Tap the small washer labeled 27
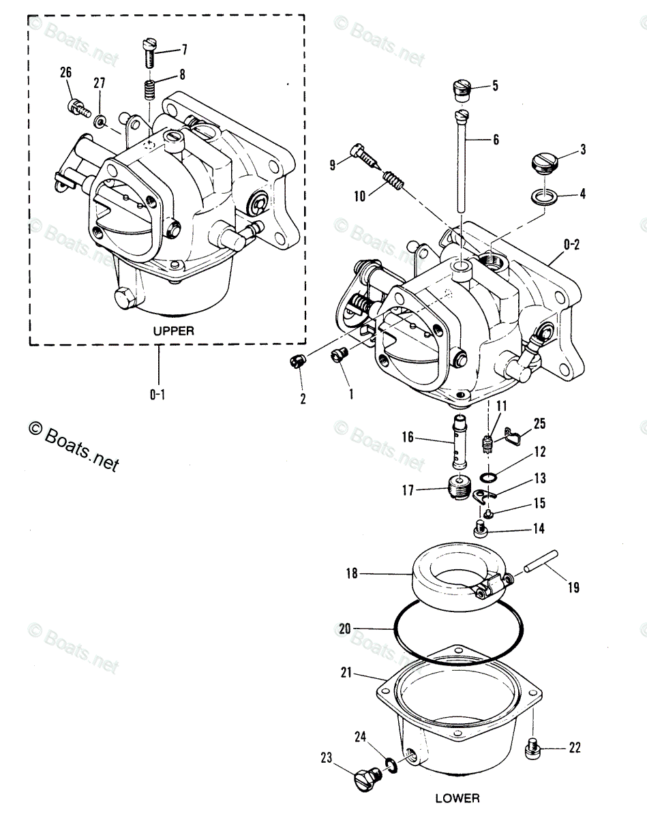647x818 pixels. point(100,122)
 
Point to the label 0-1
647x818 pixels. point(157,394)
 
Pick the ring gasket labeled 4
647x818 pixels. point(543,198)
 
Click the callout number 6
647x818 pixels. point(496,140)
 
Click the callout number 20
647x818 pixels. point(344,630)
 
